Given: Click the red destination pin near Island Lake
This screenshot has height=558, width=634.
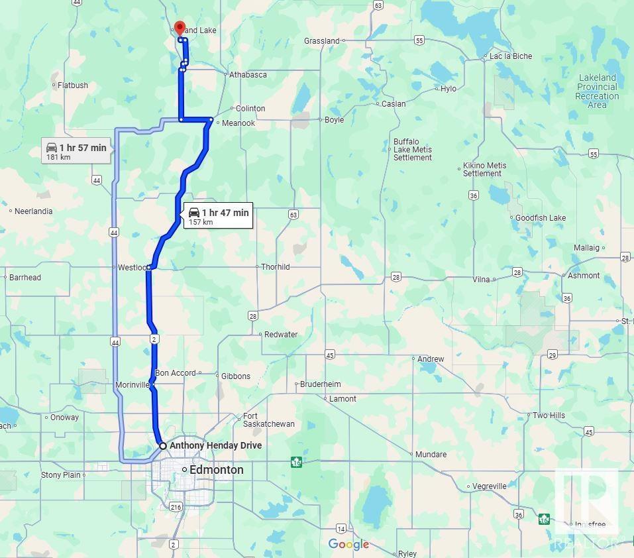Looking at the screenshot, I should (179, 28).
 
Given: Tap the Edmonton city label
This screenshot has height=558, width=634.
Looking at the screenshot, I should (216, 470).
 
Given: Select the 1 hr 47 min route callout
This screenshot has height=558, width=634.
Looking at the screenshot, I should (219, 215).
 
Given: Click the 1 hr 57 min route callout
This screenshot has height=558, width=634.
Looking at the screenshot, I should (76, 151).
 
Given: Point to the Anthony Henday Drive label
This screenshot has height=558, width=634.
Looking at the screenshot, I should (215, 445).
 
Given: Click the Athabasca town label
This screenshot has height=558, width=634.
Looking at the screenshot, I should (248, 75).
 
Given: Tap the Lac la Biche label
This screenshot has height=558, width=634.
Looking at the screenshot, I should (510, 56).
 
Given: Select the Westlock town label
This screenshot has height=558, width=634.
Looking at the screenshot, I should (131, 268).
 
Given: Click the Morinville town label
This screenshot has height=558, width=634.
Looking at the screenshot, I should (132, 385).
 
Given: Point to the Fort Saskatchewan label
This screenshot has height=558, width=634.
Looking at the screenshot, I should (268, 420).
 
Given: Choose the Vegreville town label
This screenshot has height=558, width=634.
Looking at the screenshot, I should (490, 486).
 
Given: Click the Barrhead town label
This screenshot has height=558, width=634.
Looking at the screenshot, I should (25, 278).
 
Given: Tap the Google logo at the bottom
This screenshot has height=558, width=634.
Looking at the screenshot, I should (348, 545).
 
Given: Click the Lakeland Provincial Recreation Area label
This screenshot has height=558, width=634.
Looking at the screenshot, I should (596, 91).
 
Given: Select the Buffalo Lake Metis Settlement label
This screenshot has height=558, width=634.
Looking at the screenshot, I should (413, 150).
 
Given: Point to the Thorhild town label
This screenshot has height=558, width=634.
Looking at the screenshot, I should (275, 267).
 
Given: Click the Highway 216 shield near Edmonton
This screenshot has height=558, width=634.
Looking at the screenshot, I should (176, 507).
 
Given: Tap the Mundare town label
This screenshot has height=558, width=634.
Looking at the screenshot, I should (431, 455).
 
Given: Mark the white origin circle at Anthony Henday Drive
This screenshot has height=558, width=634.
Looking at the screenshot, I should (163, 446).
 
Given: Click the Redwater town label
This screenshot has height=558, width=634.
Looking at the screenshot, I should (281, 335).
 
